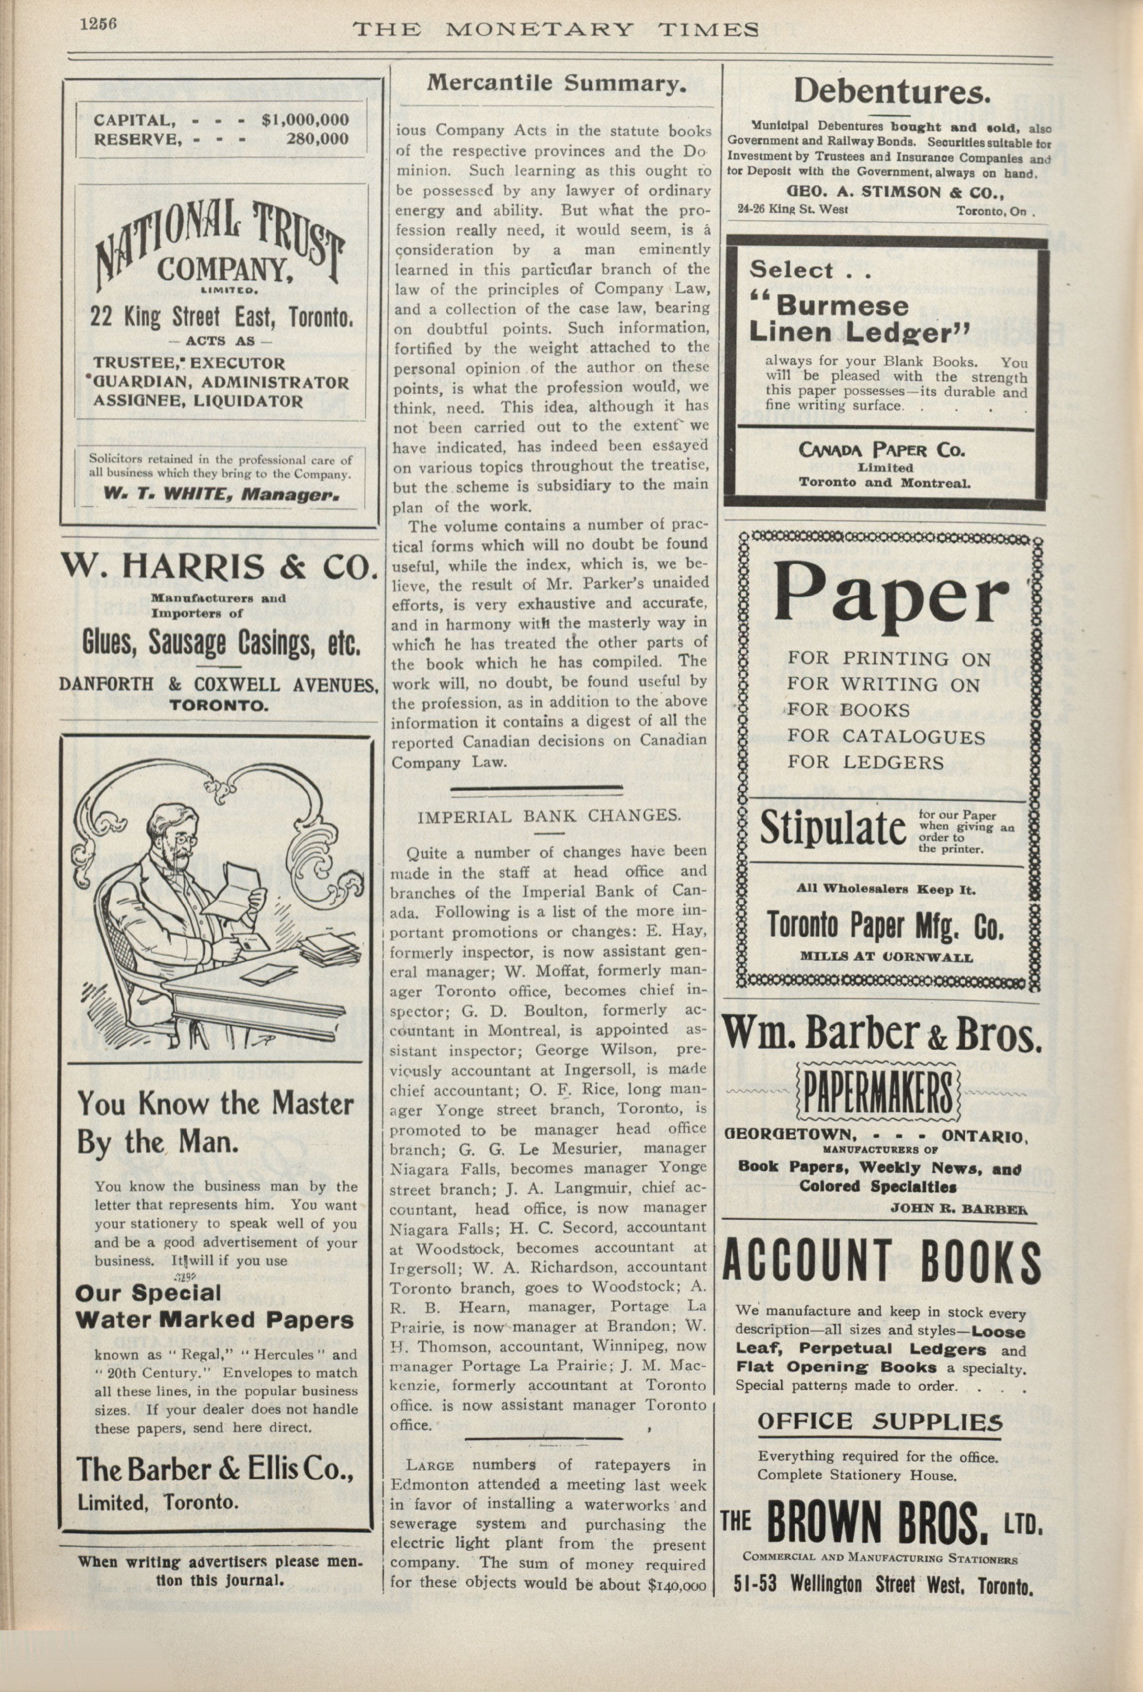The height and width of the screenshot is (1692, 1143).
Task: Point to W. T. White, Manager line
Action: coord(221,493)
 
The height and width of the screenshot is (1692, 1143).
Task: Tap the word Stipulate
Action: coord(833,829)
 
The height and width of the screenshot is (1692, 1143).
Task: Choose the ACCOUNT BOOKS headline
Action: coord(881,1260)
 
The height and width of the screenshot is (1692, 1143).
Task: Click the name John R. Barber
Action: coord(959,1209)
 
